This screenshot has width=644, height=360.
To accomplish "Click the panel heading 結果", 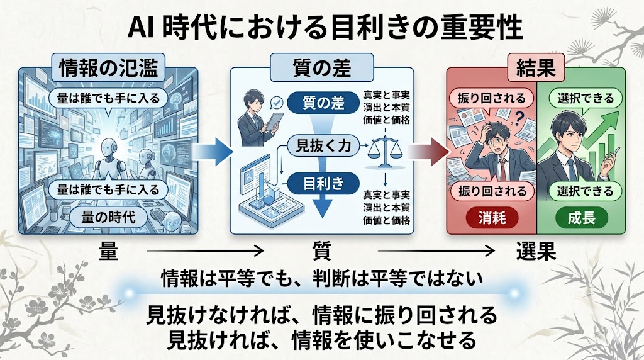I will tap(535, 68).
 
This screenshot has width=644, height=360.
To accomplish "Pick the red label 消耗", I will tap(492, 217).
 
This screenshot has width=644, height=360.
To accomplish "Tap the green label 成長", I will tap(581, 217).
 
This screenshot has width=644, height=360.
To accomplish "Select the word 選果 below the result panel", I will tap(536, 251).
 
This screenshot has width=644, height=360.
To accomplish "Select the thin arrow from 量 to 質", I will tap(204, 251).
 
